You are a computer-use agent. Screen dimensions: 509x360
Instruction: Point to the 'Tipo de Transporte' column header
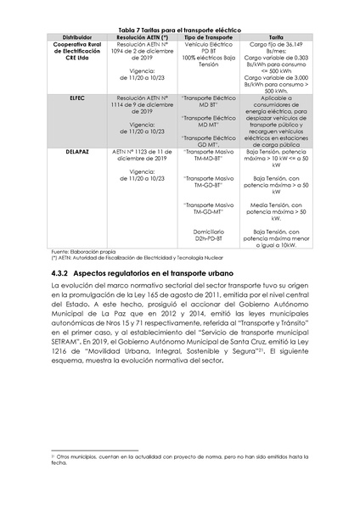(208, 36)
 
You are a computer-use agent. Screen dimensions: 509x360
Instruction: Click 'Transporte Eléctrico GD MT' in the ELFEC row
(208, 140)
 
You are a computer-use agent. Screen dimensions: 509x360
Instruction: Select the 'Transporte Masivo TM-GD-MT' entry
(208, 208)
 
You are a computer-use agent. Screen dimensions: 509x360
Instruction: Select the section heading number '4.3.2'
(59, 276)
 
